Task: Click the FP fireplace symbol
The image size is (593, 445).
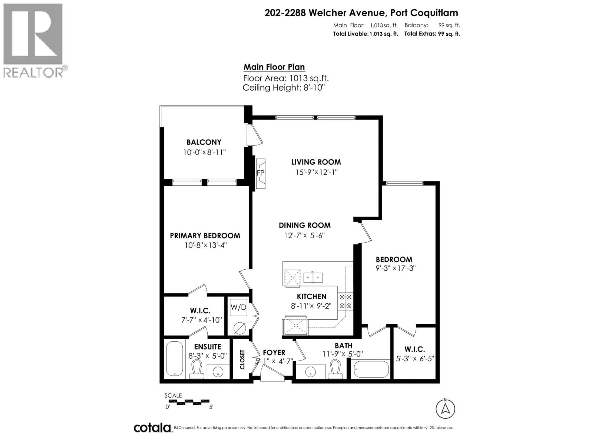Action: [x=260, y=173]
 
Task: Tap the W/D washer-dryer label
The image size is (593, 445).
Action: [x=238, y=307]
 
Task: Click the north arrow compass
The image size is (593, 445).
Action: [x=445, y=409]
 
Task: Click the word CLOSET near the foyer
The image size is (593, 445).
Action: [x=242, y=359]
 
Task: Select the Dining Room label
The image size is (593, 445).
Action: [x=305, y=225]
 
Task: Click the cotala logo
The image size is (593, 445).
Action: [x=152, y=428]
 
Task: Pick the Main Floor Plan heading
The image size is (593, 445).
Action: [x=274, y=67]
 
